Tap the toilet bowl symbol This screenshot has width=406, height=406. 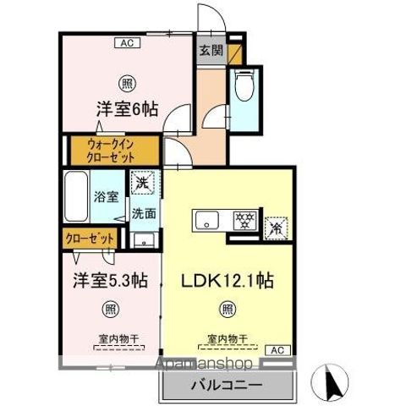[244, 86]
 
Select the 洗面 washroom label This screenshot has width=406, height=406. [142, 213]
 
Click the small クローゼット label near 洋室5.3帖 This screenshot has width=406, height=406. [85, 239]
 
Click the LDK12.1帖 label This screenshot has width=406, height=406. [227, 278]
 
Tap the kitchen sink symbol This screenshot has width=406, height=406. [208, 222]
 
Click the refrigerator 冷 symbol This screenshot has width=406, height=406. [276, 227]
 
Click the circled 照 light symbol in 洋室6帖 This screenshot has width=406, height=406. [125, 82]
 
